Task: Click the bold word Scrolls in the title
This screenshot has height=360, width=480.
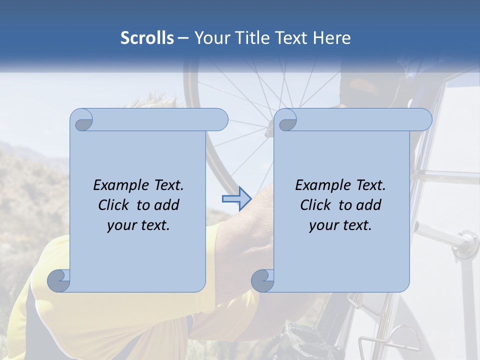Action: (147, 37)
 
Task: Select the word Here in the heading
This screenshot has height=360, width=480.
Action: (331, 37)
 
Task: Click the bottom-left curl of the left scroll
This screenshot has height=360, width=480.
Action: (59, 280)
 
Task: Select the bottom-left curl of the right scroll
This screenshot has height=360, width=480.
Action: (262, 280)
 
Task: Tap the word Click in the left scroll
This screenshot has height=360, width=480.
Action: (113, 205)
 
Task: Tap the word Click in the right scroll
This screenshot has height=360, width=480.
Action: (315, 205)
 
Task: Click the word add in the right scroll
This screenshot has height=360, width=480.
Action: (368, 205)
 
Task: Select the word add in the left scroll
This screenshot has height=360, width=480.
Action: (166, 205)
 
